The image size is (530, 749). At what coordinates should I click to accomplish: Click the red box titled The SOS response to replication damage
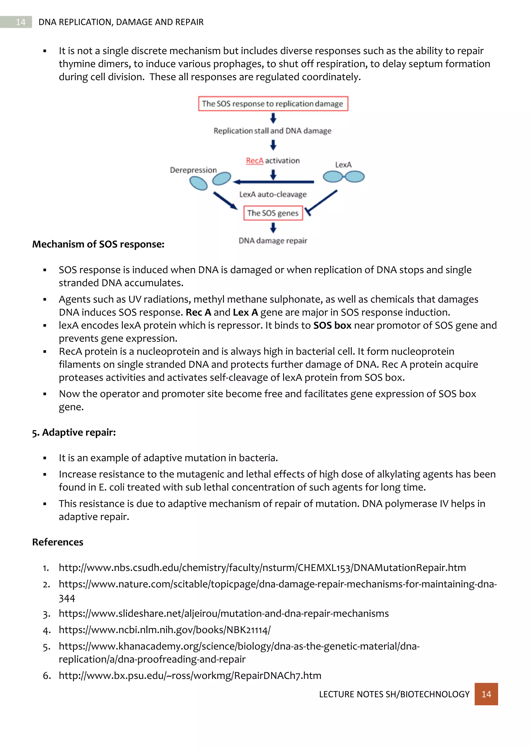273,104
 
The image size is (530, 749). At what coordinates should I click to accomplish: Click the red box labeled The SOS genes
273,213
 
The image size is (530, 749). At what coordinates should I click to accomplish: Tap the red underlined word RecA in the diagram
255,161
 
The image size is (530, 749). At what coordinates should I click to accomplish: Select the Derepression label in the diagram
193,170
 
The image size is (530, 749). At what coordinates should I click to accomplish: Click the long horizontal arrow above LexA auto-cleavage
274,182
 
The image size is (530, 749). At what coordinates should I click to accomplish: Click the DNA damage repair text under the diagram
273,241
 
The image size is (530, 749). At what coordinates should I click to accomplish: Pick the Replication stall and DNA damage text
273,131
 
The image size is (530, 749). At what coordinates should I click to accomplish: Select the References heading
58,542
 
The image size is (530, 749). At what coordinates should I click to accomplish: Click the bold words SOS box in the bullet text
332,325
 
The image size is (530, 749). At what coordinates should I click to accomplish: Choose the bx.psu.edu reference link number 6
190,675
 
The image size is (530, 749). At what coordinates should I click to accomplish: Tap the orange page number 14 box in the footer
486,694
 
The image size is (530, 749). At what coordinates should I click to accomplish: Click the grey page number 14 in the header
20,22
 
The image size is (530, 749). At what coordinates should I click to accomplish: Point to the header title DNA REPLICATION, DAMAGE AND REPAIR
121,22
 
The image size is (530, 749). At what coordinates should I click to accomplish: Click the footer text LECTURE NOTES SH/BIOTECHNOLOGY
394,694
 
